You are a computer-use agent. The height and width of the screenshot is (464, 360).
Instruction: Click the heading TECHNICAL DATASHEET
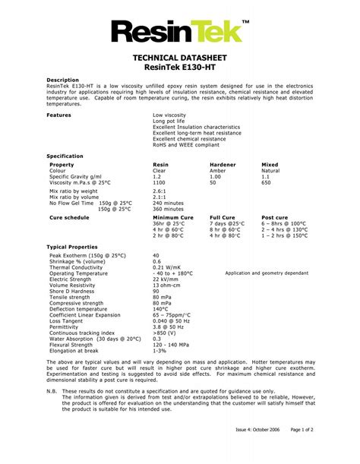pos(179,58)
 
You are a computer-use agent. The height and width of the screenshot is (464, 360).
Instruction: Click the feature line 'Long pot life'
pos(169,121)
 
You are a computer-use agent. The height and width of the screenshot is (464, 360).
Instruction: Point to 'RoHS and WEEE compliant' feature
pos(185,144)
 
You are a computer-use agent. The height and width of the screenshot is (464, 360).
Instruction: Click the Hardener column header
pos(223,165)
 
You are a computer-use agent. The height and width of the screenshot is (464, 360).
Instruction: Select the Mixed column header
pos(270,165)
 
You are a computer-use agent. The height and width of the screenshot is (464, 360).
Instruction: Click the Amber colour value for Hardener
pos(218,171)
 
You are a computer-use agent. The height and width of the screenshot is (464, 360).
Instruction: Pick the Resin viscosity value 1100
pos(159,183)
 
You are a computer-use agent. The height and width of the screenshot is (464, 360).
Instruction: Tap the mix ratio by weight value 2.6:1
pos(159,191)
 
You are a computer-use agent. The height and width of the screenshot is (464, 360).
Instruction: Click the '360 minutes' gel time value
pos(168,209)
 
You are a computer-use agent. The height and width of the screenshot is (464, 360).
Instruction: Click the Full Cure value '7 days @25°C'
pos(227,224)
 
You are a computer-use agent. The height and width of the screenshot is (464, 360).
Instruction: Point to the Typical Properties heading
pos(72,248)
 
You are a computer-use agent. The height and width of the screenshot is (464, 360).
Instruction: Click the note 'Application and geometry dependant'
pos(267,273)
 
